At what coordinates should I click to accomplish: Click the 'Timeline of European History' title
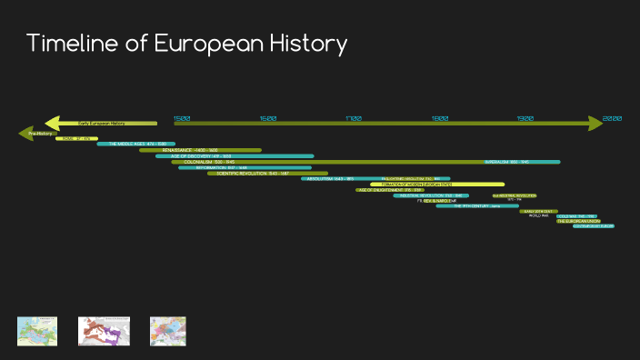point(186,44)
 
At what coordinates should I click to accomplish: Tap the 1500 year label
point(182,119)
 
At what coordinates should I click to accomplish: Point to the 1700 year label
point(354,119)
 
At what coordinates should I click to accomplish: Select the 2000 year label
point(612,119)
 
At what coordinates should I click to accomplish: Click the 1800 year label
point(440,119)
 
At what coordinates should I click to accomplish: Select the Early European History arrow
point(100,123)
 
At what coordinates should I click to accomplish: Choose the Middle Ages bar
point(136,144)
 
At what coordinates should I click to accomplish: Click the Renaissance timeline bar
point(200,150)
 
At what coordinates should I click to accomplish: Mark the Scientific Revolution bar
point(267,173)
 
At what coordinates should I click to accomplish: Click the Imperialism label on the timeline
point(509,162)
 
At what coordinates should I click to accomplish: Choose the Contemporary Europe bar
point(594,226)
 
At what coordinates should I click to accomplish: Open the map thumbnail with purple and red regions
point(103,330)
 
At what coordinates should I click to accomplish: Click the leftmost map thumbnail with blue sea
point(37,330)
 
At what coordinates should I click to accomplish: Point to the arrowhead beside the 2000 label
point(595,123)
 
